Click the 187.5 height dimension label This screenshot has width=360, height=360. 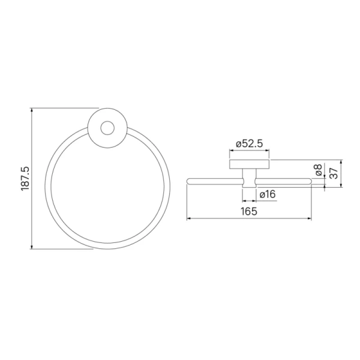tap(25, 178)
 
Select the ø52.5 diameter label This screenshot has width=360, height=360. tap(250, 144)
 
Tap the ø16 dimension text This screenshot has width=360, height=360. tap(268, 194)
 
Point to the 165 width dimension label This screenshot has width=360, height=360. tap(249, 211)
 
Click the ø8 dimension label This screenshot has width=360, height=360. tap(319, 170)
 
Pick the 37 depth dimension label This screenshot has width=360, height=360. tap(334, 173)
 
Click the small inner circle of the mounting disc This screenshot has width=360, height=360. tap(107, 128)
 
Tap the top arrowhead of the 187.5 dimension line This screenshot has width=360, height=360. tap(32, 110)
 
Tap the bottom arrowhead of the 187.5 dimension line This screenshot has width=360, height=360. tap(32, 247)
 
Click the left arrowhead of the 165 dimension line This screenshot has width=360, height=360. tap(189, 218)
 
